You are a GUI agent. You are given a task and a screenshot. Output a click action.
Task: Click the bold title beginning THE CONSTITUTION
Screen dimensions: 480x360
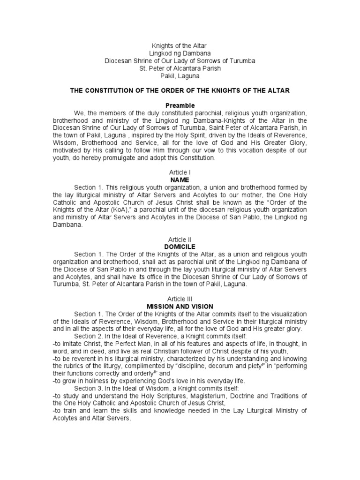[x=180, y=90]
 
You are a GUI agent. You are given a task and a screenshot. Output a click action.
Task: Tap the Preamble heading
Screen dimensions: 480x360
[x=180, y=105]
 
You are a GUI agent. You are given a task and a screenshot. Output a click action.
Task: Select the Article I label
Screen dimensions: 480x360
[x=180, y=173]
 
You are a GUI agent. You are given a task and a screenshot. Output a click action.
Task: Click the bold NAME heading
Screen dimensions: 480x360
[x=180, y=180]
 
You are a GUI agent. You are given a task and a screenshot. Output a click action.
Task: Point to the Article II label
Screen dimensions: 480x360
[x=180, y=240]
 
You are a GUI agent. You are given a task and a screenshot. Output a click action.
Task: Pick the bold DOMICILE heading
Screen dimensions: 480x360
[x=180, y=247]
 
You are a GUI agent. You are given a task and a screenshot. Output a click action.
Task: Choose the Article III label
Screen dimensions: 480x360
[x=180, y=299]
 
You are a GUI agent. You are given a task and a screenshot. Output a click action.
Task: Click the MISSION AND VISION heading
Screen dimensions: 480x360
[x=180, y=306]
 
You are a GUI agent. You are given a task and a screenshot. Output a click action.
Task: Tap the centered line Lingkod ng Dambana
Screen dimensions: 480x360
[x=180, y=53]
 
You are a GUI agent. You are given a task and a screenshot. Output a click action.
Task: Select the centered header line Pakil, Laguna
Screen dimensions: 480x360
[x=180, y=75]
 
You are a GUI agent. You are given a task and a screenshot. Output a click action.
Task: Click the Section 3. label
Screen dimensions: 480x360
[x=88, y=388]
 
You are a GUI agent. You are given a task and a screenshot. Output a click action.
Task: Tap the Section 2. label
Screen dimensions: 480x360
[x=88, y=336]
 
